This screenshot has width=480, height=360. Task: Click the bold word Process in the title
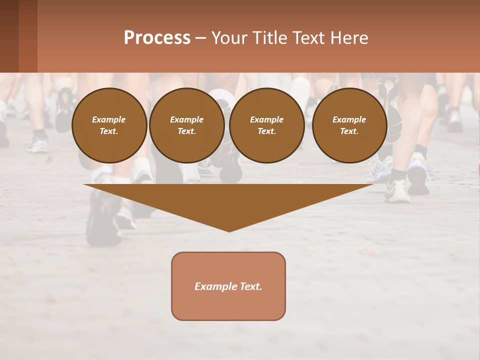(157, 38)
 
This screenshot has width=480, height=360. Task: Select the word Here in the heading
(349, 38)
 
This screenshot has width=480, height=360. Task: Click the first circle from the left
(109, 125)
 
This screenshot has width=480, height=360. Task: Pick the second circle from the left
(186, 125)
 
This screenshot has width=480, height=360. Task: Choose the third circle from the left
(266, 125)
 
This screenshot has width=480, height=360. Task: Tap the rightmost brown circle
(349, 125)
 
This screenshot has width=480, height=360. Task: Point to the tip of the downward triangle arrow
(229, 230)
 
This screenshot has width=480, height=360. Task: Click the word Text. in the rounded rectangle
(251, 286)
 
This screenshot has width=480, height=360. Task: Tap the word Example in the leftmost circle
(109, 119)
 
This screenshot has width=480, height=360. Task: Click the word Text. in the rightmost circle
(349, 131)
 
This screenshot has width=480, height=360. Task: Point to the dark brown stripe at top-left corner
(9, 36)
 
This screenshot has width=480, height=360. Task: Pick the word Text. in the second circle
(186, 131)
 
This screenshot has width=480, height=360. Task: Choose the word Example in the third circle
(266, 119)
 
